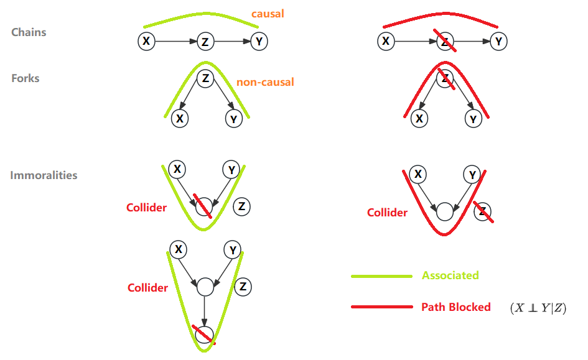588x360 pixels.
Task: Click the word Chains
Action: coord(29,32)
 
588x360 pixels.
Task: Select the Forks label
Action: coord(25,78)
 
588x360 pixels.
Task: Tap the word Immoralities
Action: coord(44,175)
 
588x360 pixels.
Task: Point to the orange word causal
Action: coord(268,14)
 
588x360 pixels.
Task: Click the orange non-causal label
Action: coord(265,82)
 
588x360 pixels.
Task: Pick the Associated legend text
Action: coord(450,275)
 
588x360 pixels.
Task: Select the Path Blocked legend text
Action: coord(455,307)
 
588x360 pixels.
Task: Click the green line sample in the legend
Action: coord(381,276)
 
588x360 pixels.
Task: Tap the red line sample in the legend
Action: coord(381,307)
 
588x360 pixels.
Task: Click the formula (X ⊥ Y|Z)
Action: coord(538,308)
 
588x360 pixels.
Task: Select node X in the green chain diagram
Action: coord(146,41)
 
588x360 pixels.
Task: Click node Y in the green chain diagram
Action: coord(259,41)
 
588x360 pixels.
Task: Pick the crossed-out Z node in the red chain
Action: coord(445,41)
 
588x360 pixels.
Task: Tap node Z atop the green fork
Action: coord(205,79)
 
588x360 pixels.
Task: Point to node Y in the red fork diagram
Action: coord(474,119)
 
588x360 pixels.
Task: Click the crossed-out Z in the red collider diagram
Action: coord(483,212)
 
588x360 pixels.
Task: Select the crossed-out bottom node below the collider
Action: coord(204,335)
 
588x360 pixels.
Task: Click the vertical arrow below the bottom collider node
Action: coord(204,311)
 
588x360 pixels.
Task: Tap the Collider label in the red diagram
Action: coord(387,213)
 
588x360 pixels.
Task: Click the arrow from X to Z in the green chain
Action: coord(176,41)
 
